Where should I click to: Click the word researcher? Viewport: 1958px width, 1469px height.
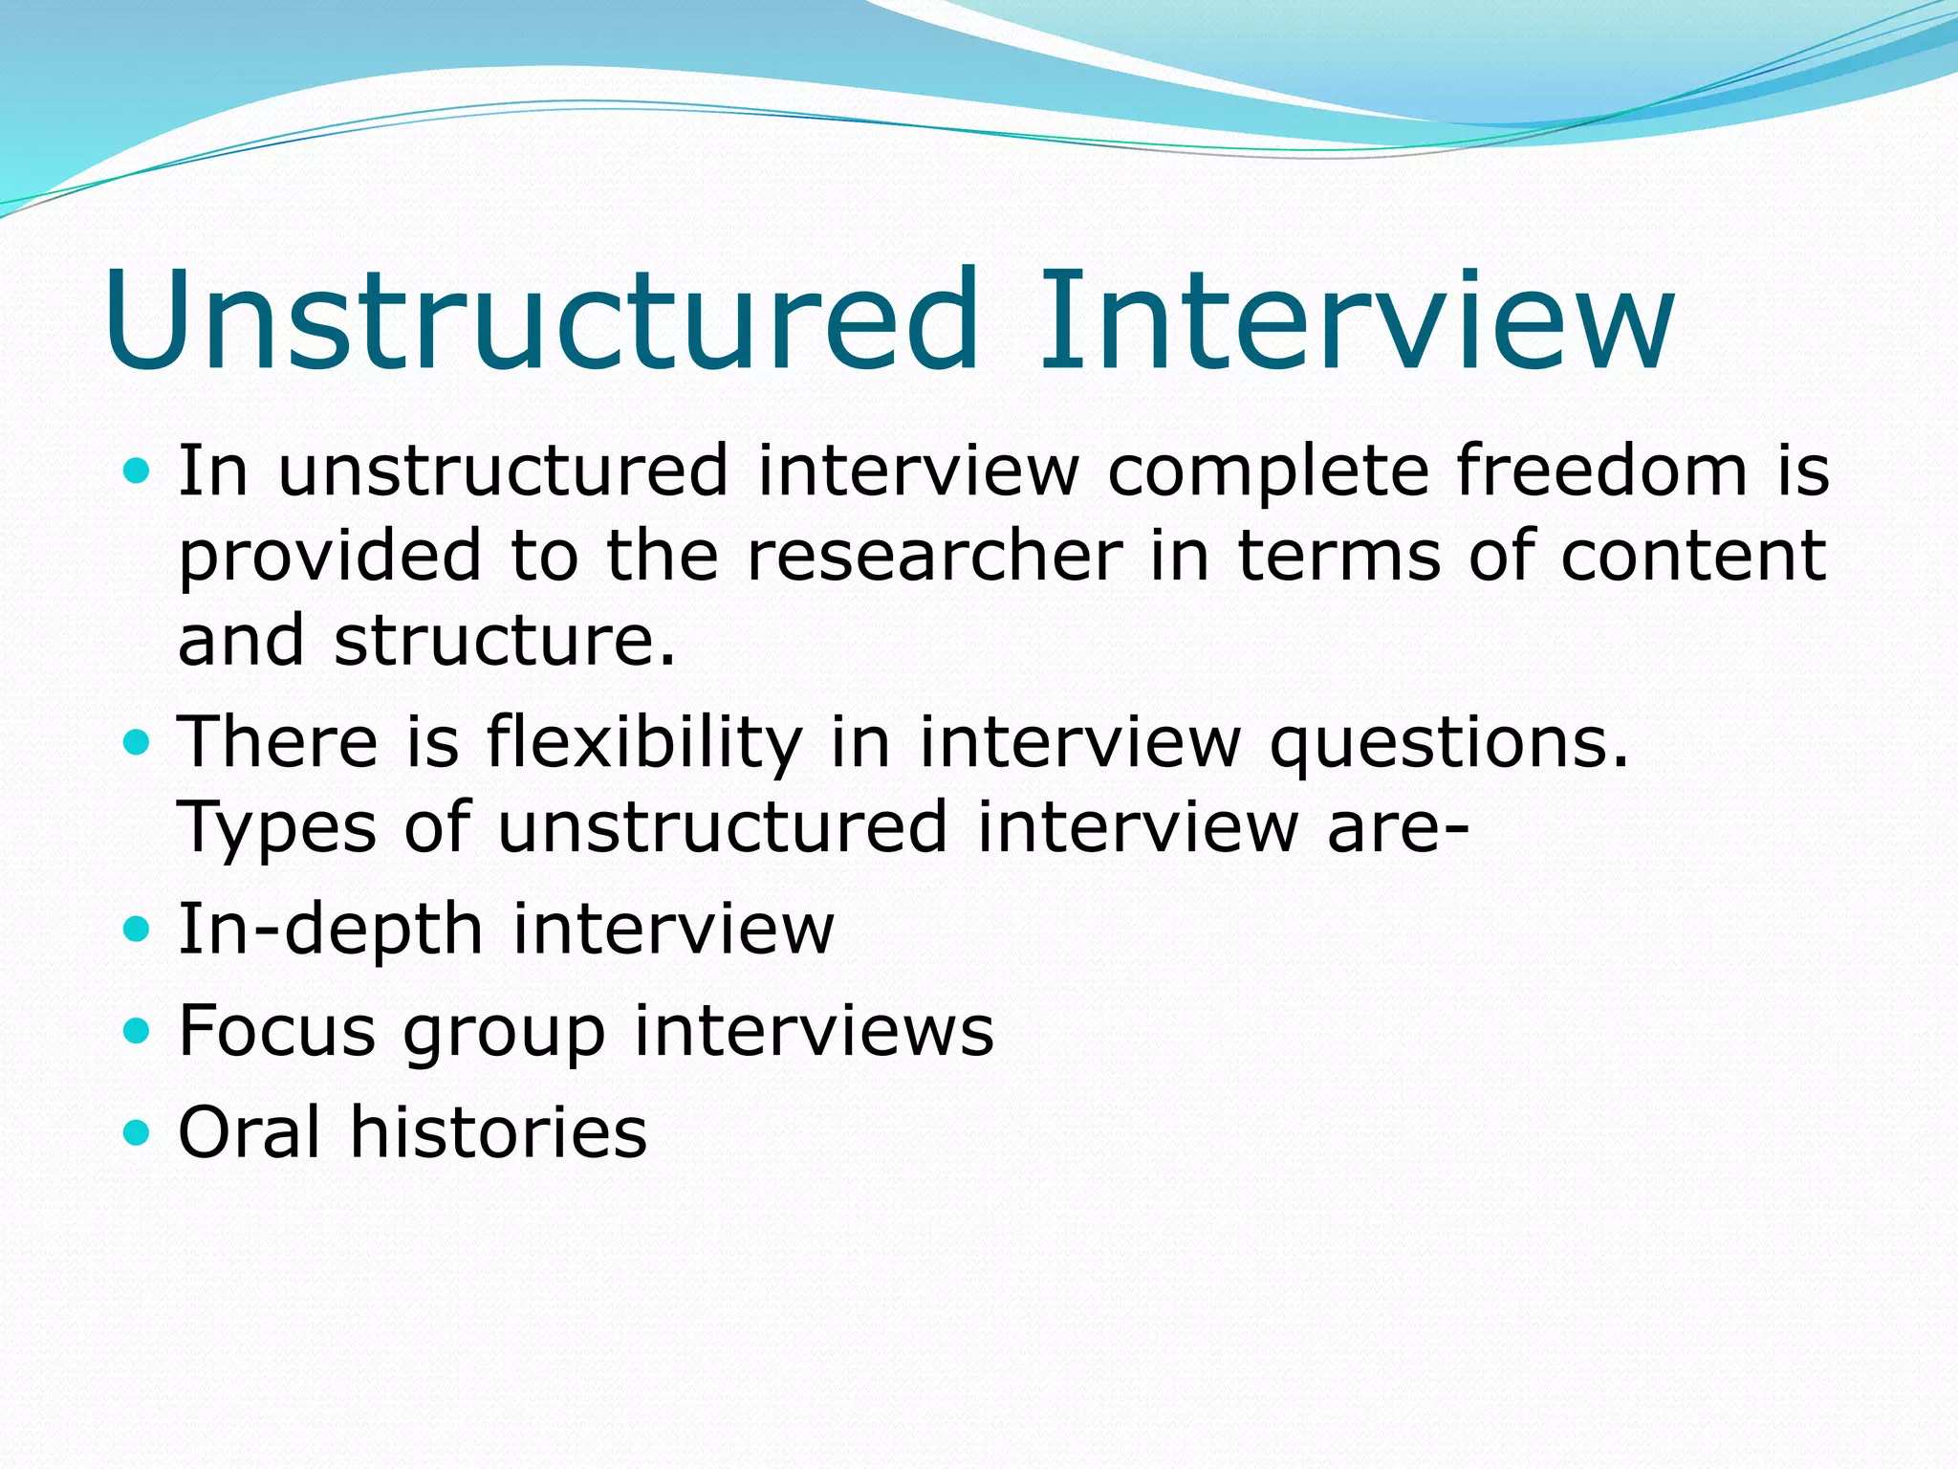(x=934, y=557)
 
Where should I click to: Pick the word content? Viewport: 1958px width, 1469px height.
(x=1693, y=557)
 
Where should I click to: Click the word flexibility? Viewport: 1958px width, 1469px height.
(x=643, y=743)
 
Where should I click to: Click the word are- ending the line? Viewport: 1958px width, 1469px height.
(x=1397, y=828)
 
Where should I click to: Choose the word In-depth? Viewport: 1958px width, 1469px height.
(x=331, y=931)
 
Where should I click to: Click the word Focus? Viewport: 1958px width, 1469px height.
(x=277, y=1031)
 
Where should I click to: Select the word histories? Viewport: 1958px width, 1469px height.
(x=498, y=1132)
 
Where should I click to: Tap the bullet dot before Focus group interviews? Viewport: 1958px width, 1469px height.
(x=138, y=1031)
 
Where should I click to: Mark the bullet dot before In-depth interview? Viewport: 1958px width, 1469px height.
(x=138, y=929)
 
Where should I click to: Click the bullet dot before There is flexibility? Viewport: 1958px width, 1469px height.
(x=138, y=742)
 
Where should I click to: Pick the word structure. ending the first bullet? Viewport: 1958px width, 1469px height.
(x=505, y=641)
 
